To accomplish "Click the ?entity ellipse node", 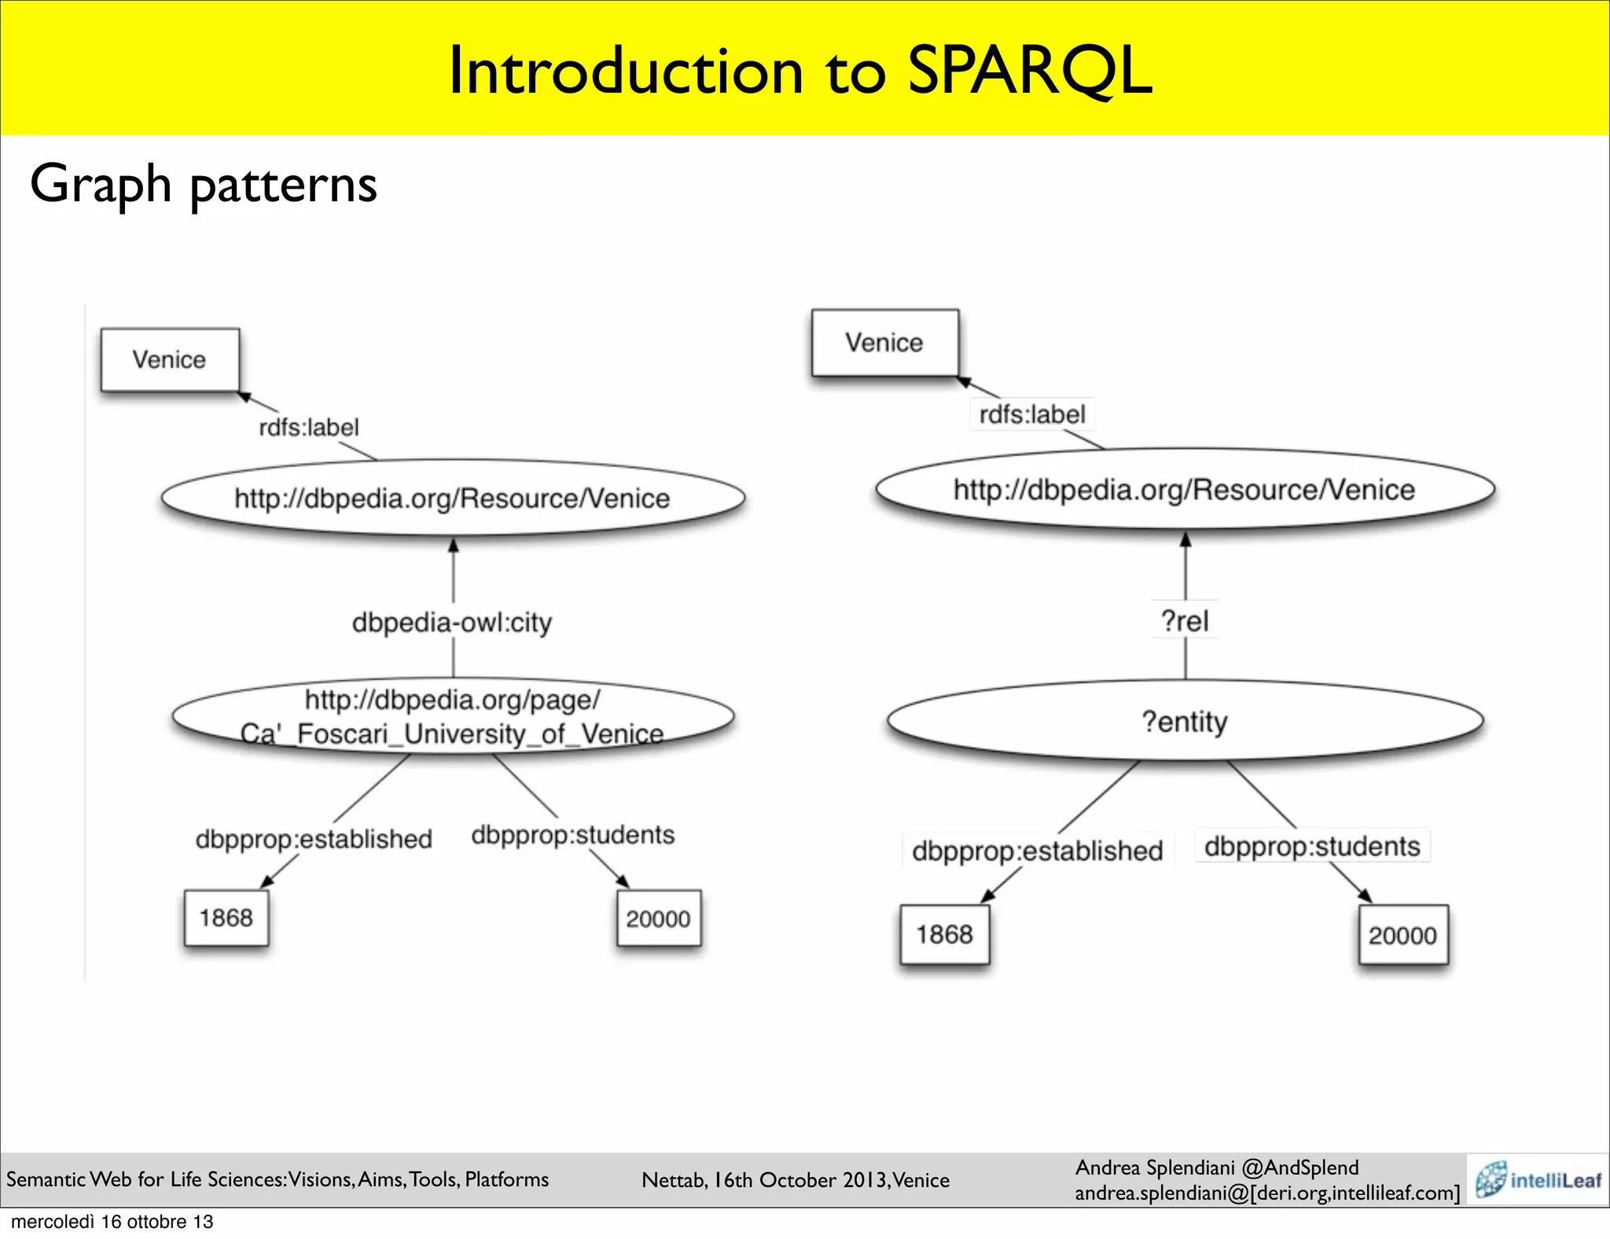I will click(1185, 721).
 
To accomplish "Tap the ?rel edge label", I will click(1185, 621).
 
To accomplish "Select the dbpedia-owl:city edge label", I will click(452, 623).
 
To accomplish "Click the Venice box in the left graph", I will click(170, 360).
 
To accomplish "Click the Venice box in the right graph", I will click(884, 343).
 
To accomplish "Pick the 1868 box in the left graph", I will click(226, 918).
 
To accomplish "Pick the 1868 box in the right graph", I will click(944, 935).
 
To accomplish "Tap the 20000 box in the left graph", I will click(658, 918).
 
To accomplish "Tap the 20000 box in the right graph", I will click(1402, 936).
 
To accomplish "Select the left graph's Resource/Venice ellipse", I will click(452, 498).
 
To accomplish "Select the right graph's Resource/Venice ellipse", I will click(1184, 490).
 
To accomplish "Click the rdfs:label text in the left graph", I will click(309, 428).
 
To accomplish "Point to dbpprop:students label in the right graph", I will click(1312, 847).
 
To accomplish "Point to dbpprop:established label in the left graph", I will click(314, 840).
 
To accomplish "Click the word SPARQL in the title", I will click(1030, 71).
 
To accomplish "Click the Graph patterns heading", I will click(204, 184).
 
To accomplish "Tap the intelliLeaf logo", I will click(1538, 1179).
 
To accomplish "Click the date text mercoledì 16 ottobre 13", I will click(112, 1222).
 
